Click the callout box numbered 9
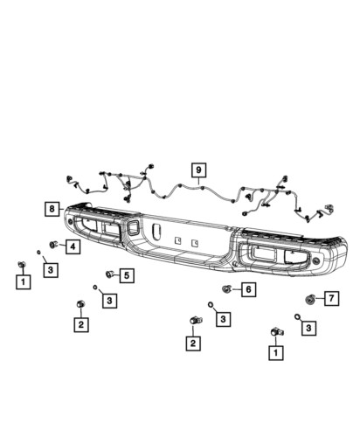click(x=198, y=170)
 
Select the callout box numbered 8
click(x=52, y=209)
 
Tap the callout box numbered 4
click(x=73, y=246)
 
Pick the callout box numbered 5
click(x=127, y=275)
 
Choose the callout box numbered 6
click(x=248, y=289)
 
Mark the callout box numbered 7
click(x=331, y=298)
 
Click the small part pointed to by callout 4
click(x=53, y=245)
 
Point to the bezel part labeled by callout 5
click(x=109, y=274)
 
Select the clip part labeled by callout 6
click(x=226, y=289)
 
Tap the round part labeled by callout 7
click(x=309, y=299)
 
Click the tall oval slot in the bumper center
click(x=156, y=232)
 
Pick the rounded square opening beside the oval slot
click(x=134, y=227)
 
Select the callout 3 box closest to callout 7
click(x=308, y=328)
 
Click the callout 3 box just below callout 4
click(x=51, y=270)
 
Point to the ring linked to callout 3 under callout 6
click(x=211, y=305)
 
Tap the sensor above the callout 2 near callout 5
click(x=80, y=304)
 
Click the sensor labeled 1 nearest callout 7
click(x=277, y=332)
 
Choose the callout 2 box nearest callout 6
click(x=193, y=343)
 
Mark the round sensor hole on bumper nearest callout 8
click(x=70, y=222)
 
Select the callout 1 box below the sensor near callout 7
click(x=276, y=353)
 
